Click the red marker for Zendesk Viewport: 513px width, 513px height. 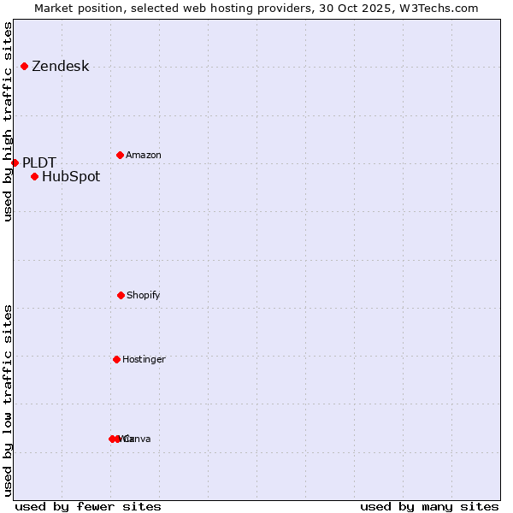tap(25, 66)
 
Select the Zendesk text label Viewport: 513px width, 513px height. tap(60, 67)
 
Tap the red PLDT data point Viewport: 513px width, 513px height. tap(15, 162)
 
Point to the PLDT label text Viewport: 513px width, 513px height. tap(39, 162)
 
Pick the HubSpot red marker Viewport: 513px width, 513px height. tap(34, 177)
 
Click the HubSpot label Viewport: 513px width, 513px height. tap(71, 177)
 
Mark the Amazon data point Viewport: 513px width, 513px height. tap(120, 155)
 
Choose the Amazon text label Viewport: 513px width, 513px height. tap(144, 156)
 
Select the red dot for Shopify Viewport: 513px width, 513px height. tap(121, 295)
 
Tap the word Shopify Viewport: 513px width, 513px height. tap(144, 296)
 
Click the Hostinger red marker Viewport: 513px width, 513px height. tap(116, 359)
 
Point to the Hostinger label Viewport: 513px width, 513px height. tap(144, 360)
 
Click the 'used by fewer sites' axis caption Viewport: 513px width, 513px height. tap(88, 506)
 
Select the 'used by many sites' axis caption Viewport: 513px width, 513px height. tap(429, 506)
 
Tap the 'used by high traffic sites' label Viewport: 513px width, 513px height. tap(8, 121)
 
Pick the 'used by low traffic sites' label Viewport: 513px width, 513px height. tap(8, 400)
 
